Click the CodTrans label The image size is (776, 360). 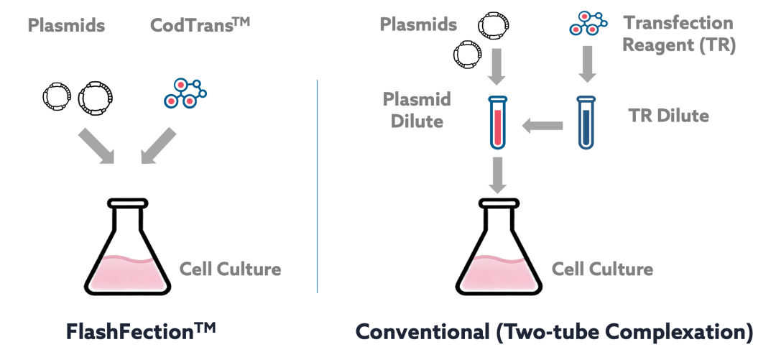tap(200, 24)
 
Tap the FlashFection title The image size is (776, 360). tap(141, 332)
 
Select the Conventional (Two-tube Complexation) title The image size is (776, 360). tap(554, 332)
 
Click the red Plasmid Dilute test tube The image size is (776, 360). tap(497, 122)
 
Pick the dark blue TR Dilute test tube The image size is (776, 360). tap(586, 122)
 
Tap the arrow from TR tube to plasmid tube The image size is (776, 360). tap(542, 126)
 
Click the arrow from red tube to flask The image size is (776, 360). tap(497, 175)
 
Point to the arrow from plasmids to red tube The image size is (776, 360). tap(496, 66)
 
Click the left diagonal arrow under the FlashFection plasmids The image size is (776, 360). tap(96, 146)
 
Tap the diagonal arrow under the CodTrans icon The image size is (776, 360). tap(158, 146)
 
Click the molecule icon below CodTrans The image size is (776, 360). tap(185, 93)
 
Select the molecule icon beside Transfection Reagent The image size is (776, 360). tap(588, 23)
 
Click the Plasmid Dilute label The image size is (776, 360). tap(417, 110)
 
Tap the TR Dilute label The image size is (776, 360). tap(669, 116)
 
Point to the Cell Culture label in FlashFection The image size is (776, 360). tap(230, 269)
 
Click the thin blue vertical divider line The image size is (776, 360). tap(317, 186)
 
